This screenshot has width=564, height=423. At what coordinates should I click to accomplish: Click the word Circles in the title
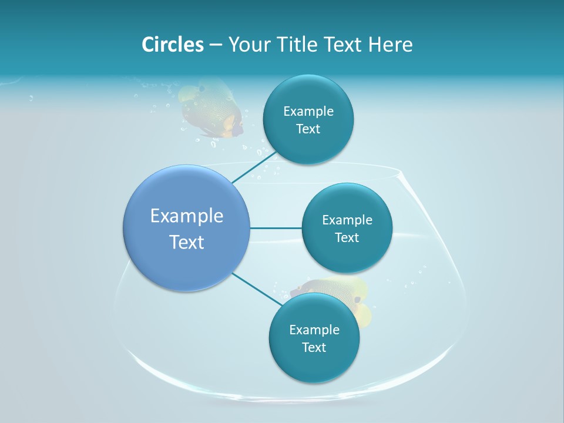pos(172,45)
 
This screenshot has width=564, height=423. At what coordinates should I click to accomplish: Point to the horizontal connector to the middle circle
pos(276,228)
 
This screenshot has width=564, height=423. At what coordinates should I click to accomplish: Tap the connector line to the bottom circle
pos(256,289)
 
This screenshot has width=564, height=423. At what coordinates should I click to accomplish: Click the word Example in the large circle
pos(186,216)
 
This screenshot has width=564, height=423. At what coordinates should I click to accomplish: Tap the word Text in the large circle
pos(186,242)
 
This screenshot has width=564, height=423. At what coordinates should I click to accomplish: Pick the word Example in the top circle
pos(308,111)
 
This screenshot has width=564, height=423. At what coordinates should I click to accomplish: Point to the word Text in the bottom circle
pos(314,347)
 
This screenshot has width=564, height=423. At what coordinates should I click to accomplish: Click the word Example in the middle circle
pos(347,220)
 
